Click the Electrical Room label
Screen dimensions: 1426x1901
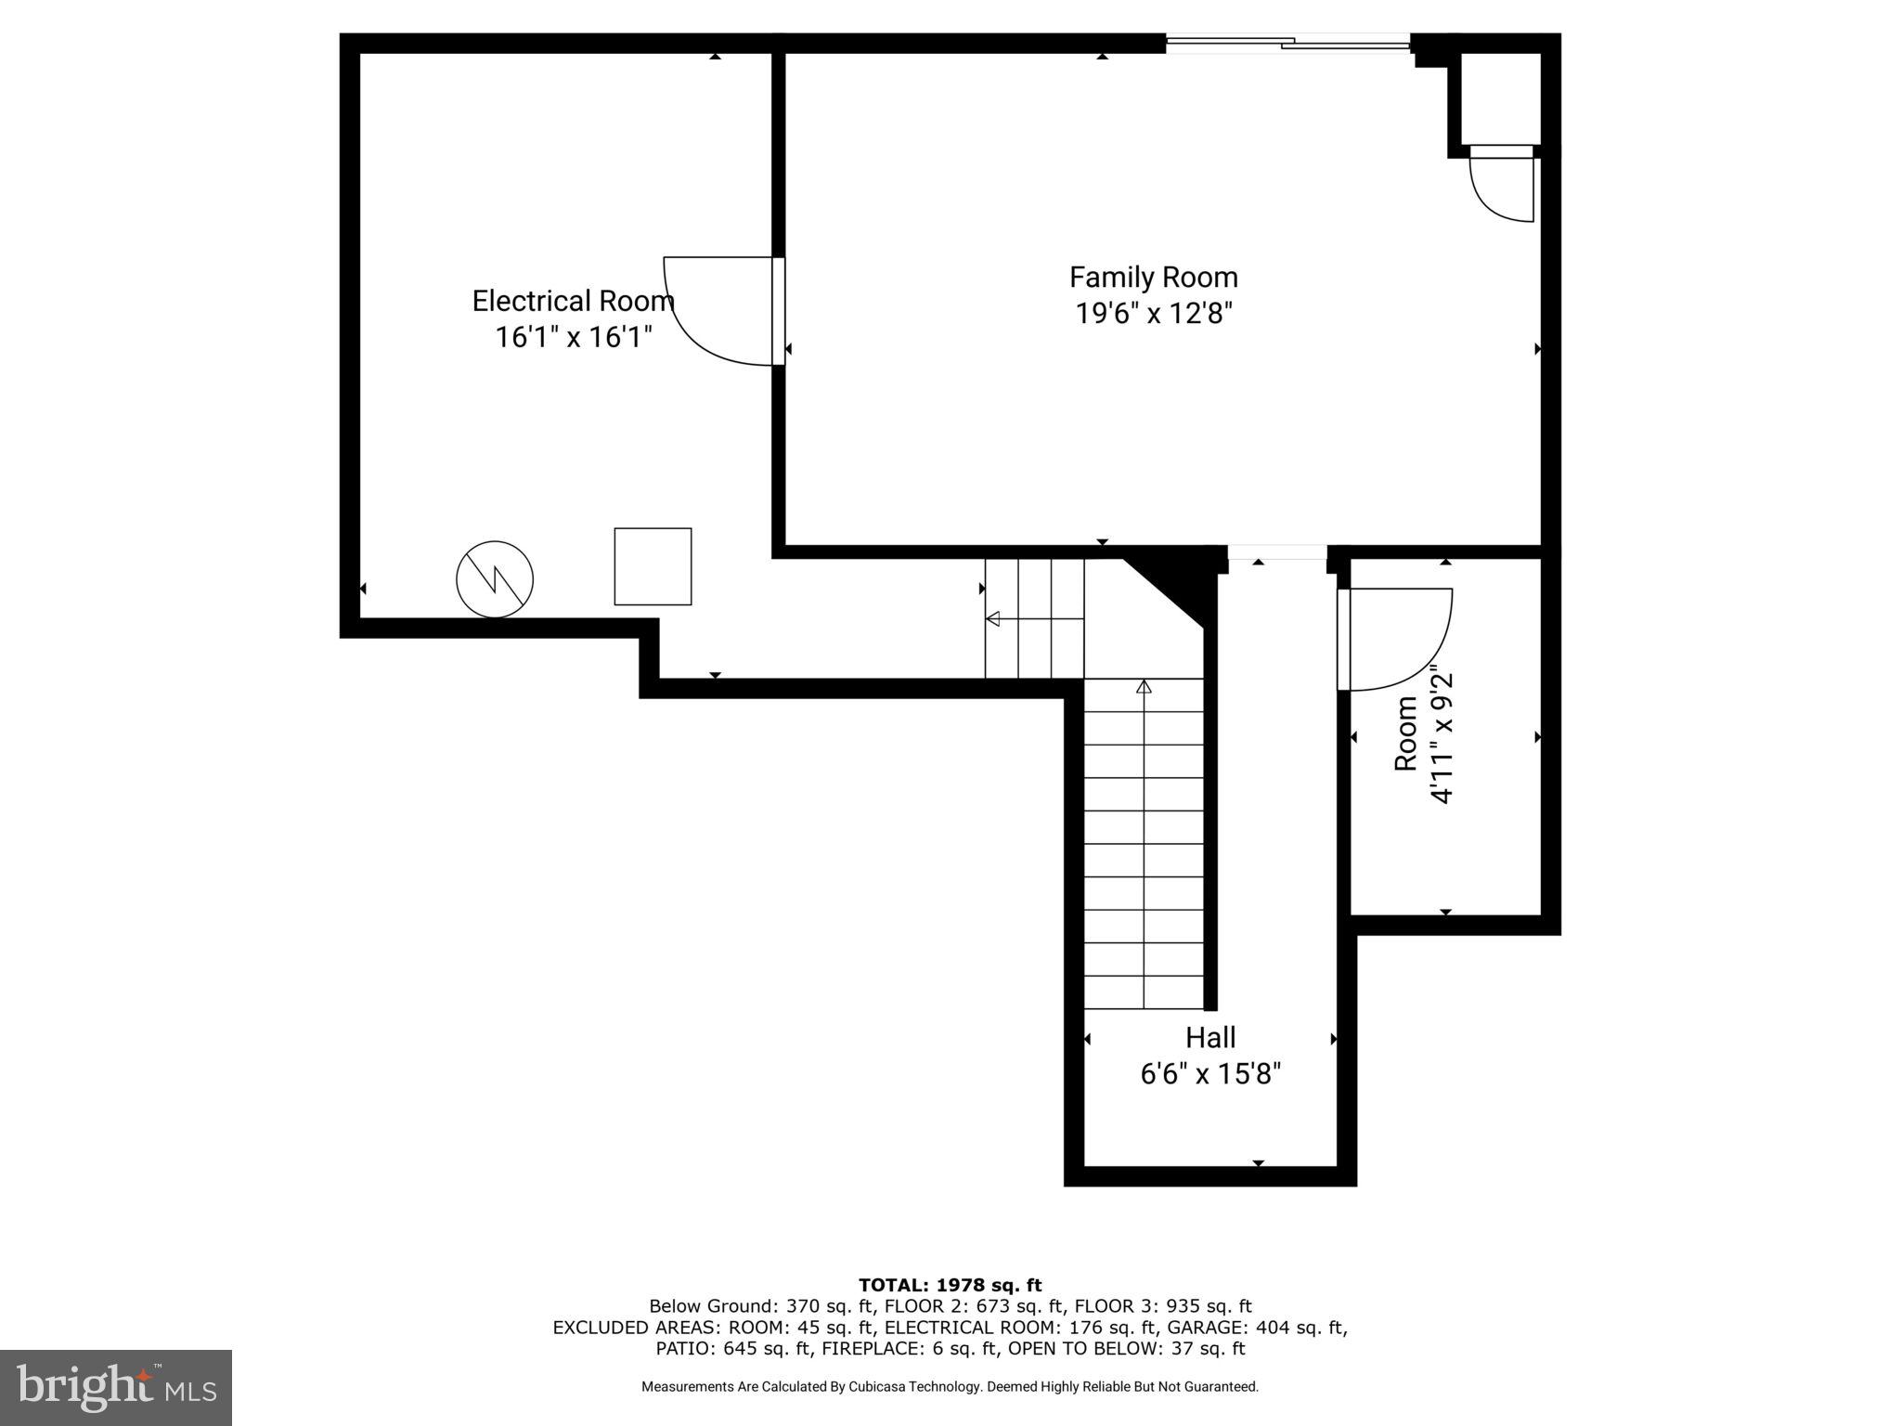coord(573,301)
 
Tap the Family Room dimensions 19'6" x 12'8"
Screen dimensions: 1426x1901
coord(1154,314)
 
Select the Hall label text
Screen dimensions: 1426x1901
coord(1210,1037)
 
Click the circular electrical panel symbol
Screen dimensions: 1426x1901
coord(495,579)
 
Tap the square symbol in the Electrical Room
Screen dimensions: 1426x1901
coord(653,566)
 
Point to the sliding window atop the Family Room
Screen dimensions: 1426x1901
coord(1288,42)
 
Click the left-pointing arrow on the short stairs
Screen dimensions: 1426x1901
coord(993,618)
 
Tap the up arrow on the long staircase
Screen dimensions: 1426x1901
coord(1144,687)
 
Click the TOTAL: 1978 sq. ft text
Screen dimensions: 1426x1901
coord(950,1285)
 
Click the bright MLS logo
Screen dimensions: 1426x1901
coord(116,1387)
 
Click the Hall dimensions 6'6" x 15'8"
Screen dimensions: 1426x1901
coord(1210,1074)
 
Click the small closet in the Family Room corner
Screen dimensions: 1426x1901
coord(1501,97)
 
